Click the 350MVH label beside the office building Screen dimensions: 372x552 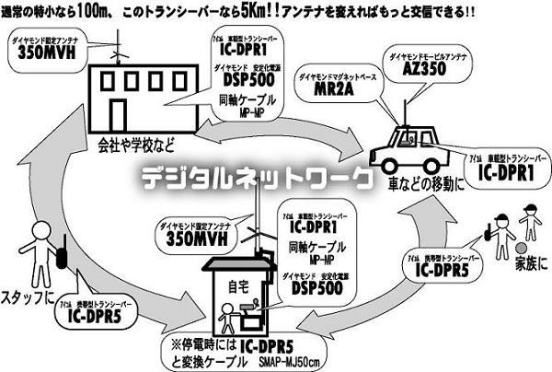pos(41,52)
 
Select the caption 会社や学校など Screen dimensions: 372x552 pos(142,145)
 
